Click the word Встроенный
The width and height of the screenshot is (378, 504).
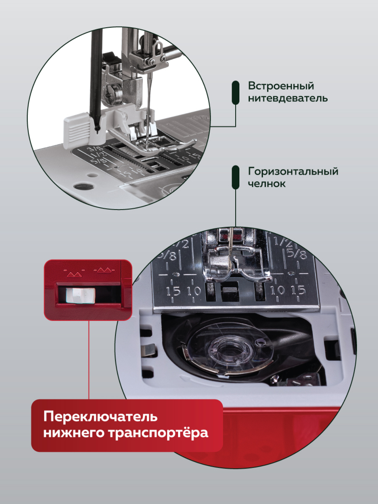(x=281, y=86)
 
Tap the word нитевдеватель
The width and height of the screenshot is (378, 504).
(x=288, y=98)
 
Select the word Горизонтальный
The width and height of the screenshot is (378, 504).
(x=293, y=172)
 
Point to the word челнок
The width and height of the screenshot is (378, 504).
(x=267, y=183)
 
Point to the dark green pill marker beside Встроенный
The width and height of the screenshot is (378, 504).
(x=236, y=92)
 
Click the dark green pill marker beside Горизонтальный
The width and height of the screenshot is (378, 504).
(x=236, y=177)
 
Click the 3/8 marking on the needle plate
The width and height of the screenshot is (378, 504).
(x=93, y=149)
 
